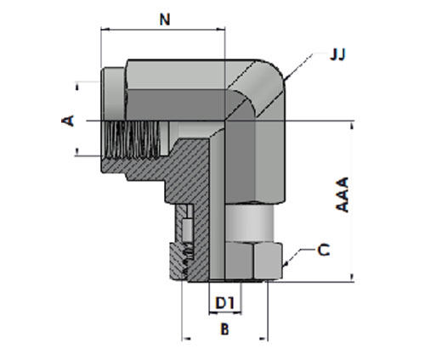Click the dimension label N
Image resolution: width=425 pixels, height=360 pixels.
[165, 20]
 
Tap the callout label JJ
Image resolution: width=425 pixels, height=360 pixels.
[337, 54]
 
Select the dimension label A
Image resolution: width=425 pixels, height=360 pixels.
[68, 121]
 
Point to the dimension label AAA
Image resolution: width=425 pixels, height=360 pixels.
[343, 194]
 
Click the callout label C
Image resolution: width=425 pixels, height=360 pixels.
[324, 250]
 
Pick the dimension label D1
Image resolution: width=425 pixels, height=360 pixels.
[225, 303]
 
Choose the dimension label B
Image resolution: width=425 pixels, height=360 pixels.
[224, 329]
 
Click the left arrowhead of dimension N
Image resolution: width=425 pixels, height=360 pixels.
[105, 29]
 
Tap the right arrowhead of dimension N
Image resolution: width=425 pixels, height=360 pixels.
[221, 29]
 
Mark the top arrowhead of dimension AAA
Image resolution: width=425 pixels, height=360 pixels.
[352, 125]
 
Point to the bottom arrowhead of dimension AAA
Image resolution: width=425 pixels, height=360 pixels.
[352, 278]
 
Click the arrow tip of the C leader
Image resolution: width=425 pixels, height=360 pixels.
[284, 266]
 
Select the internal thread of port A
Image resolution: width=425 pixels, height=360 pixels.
[132, 139]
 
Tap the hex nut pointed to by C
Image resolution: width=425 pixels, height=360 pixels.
[253, 261]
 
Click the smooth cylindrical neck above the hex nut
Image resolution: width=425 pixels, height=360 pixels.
[250, 223]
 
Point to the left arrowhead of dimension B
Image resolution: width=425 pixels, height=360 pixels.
[186, 338]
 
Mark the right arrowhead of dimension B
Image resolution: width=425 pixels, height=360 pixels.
[263, 338]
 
